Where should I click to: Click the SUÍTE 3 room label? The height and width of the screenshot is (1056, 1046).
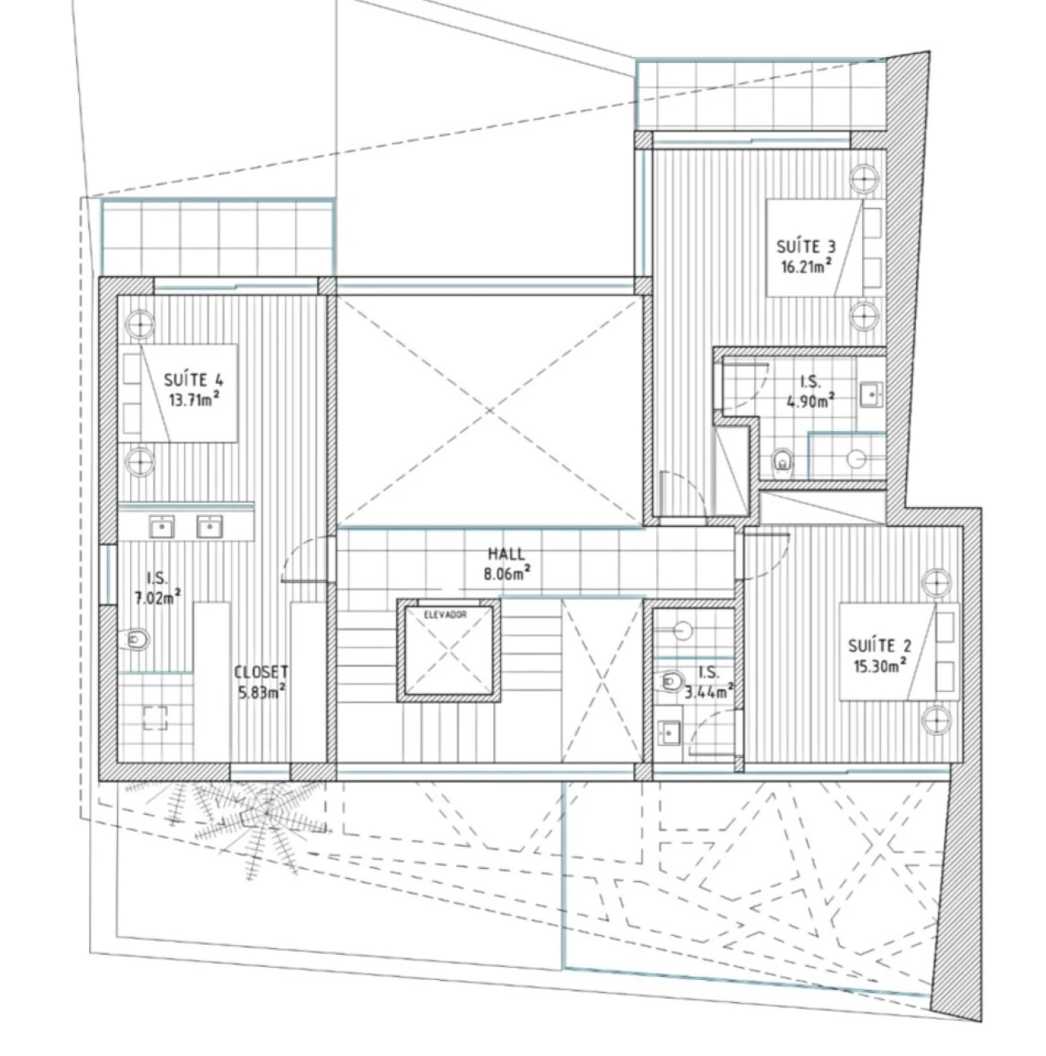pyautogui.click(x=805, y=247)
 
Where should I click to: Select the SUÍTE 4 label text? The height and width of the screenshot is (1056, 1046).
pyautogui.click(x=194, y=380)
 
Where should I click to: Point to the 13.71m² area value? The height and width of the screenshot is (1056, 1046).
pyautogui.click(x=194, y=399)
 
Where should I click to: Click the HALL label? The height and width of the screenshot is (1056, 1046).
pyautogui.click(x=506, y=554)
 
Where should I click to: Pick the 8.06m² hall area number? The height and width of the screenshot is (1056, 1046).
pyautogui.click(x=507, y=574)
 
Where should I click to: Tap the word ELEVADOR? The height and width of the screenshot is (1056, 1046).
pyautogui.click(x=445, y=614)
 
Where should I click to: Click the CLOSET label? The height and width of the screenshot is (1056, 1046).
pyautogui.click(x=261, y=672)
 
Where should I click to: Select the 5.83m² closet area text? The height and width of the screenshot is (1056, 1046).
pyautogui.click(x=261, y=692)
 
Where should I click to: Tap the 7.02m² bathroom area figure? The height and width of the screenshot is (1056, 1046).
pyautogui.click(x=158, y=597)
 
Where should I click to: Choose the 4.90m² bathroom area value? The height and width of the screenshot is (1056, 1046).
pyautogui.click(x=810, y=401)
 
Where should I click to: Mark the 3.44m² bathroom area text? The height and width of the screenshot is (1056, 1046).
pyautogui.click(x=709, y=693)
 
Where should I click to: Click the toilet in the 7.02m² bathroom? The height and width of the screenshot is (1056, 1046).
pyautogui.click(x=134, y=639)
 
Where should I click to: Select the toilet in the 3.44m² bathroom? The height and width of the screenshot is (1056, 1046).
pyautogui.click(x=669, y=681)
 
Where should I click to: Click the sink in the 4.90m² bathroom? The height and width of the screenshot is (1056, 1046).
pyautogui.click(x=871, y=394)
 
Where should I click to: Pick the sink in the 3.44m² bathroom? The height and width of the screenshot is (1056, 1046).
pyautogui.click(x=668, y=731)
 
